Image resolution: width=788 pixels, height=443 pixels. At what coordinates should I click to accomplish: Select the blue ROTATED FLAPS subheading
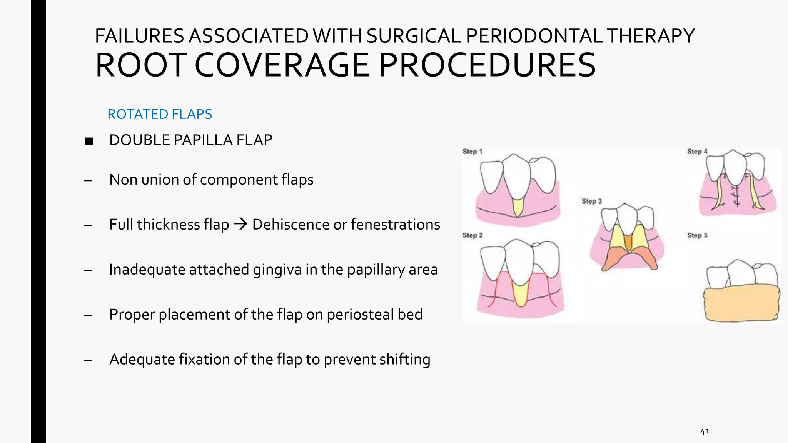[160, 114]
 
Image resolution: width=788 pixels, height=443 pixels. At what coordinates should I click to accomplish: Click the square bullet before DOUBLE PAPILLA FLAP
[89, 141]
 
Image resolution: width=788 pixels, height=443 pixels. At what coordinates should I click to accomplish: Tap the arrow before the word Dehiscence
[240, 224]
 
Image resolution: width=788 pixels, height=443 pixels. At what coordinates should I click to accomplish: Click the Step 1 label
[472, 152]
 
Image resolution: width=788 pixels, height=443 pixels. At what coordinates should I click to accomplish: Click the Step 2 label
[472, 235]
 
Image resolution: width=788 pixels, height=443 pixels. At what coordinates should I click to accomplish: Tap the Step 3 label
[591, 201]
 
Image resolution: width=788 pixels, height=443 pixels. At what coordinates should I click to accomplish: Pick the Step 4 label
[697, 152]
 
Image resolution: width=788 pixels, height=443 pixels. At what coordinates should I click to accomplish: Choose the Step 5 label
[697, 235]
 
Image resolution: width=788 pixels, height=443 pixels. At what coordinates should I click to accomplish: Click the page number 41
[705, 431]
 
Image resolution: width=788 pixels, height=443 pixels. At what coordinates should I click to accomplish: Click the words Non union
[144, 180]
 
